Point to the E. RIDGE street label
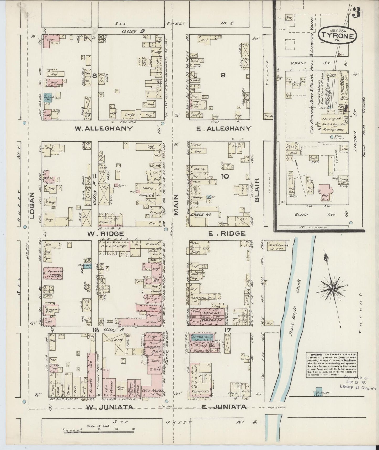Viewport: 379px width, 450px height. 227,233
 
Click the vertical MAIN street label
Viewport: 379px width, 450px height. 176,205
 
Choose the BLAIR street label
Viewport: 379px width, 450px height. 257,190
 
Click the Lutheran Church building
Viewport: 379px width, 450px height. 54,273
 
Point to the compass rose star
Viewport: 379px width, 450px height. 332,289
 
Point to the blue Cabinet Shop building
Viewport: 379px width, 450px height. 48,98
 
